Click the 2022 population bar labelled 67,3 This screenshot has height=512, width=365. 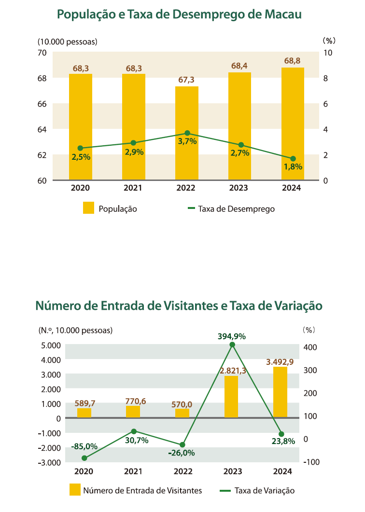tap(186, 133)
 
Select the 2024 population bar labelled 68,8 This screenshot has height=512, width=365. tap(293, 124)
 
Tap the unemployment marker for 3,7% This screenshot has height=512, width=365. tap(187, 133)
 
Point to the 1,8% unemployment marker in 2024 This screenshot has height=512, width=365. tap(293, 159)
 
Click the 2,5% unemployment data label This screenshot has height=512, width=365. tap(81, 157)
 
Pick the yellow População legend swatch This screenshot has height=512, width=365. tap(88, 208)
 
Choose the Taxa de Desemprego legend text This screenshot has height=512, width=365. tap(236, 209)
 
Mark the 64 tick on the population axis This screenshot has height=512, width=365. tap(42, 129)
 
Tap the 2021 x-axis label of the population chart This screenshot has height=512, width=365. tap(133, 188)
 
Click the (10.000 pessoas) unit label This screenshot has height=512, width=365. tap(68, 42)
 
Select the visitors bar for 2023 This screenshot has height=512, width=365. tap(231, 396)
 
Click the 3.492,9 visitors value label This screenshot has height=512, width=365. tap(280, 362)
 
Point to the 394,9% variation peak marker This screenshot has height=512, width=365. tap(232, 345)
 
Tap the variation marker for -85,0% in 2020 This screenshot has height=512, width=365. tap(84, 458)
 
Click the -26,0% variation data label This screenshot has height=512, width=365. tap(182, 453)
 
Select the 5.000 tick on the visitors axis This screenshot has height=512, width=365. tap(51, 345)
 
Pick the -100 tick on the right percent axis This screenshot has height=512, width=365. tap(311, 462)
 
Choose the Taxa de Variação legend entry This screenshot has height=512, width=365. tap(257, 490)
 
